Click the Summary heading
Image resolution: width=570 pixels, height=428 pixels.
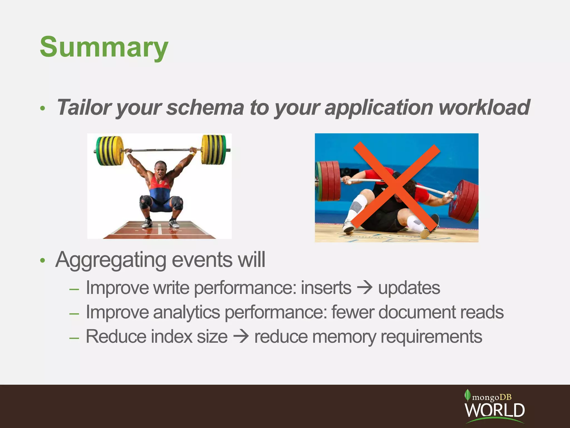point(104,47)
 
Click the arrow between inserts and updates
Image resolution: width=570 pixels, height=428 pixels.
point(365,288)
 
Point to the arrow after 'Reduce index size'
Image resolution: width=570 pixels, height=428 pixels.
point(241,337)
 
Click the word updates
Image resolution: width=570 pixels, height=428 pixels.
point(409,288)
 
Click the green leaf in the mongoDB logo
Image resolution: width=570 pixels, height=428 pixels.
point(467,395)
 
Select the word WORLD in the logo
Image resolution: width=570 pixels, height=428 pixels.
point(495,410)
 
